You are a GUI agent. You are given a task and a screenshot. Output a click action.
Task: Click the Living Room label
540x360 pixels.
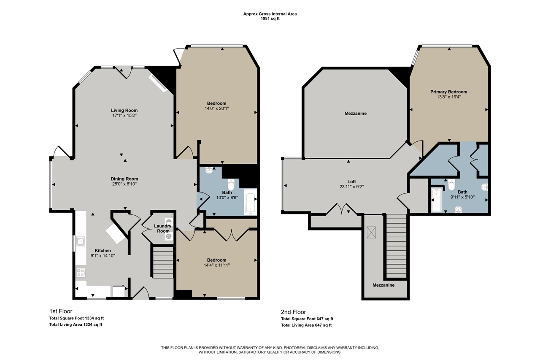tap(124, 111)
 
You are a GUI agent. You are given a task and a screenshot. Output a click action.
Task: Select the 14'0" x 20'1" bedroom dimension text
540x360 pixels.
tap(217, 108)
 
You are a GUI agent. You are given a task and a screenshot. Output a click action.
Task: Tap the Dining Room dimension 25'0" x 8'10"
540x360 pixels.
tap(125, 184)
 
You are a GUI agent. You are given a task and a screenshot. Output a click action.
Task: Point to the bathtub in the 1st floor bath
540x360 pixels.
tap(250, 202)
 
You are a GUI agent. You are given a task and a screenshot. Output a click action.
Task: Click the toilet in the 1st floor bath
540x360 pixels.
tap(231, 185)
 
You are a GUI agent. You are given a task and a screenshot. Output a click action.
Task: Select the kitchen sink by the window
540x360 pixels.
tap(80, 242)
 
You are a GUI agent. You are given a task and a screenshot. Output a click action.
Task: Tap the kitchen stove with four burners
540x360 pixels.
tap(81, 273)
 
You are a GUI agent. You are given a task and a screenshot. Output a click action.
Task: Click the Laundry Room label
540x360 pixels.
tap(163, 228)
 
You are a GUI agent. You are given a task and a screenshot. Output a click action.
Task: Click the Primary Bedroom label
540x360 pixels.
tap(448, 92)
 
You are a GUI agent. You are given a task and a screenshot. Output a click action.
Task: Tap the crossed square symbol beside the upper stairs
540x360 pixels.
tap(371, 233)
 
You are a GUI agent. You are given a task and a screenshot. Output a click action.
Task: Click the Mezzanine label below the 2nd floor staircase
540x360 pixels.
tap(383, 285)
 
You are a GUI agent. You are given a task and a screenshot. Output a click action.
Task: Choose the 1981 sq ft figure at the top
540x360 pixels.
tap(270, 19)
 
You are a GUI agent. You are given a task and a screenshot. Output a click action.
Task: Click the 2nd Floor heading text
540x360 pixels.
tap(293, 312)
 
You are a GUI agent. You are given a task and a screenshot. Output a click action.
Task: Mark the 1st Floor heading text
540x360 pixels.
tap(61, 311)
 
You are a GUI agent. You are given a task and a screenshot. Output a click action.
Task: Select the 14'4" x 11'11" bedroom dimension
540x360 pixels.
tap(217, 265)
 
